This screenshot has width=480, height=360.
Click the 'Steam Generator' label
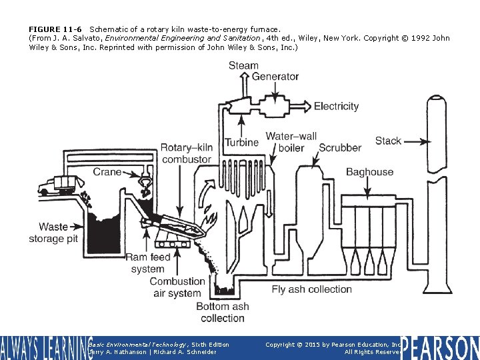point(263,71)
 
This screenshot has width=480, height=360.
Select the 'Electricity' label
point(336,106)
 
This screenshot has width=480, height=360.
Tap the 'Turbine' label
point(241,142)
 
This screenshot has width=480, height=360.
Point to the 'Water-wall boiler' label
point(291,142)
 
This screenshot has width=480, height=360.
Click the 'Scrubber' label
point(340,147)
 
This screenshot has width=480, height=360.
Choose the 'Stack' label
point(388,141)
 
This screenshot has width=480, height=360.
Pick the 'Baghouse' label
point(369,172)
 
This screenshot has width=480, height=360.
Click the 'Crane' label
point(107,172)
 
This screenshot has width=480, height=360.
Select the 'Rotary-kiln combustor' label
point(186,153)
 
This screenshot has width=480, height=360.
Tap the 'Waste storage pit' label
point(53,233)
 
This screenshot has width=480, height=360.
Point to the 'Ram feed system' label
point(148,263)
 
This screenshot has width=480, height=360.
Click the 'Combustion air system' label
point(177,287)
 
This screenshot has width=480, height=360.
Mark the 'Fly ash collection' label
point(311,289)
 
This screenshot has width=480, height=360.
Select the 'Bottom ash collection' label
point(222,312)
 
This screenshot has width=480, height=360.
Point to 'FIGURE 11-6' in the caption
point(55,29)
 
